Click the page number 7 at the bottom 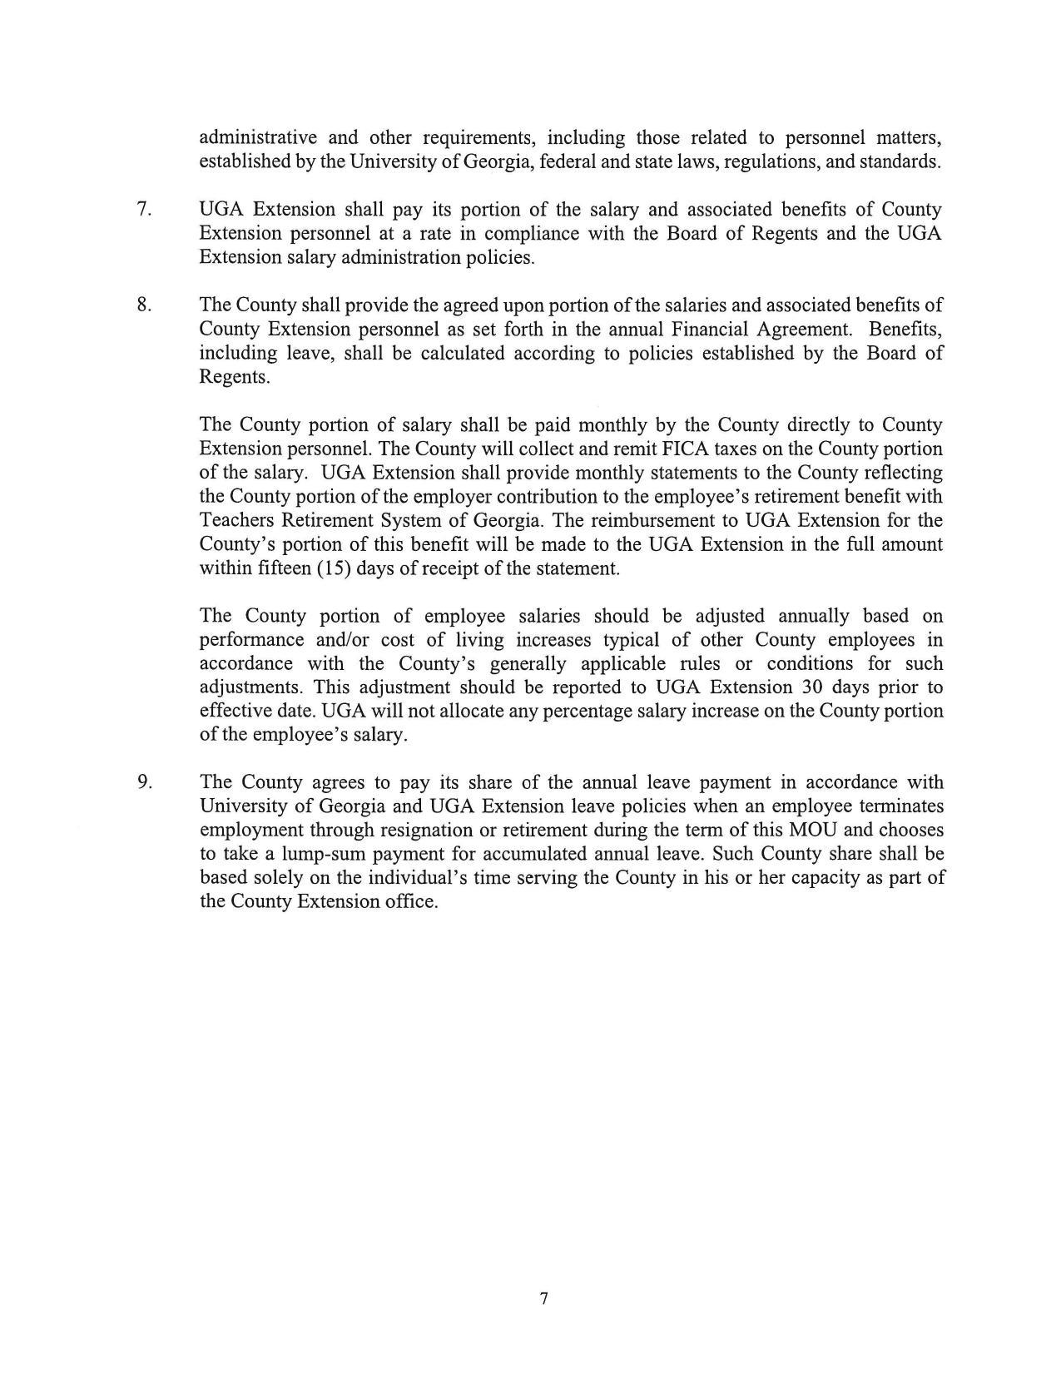tap(543, 1299)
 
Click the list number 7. tap(144, 209)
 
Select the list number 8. tap(144, 305)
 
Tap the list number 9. tap(144, 782)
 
